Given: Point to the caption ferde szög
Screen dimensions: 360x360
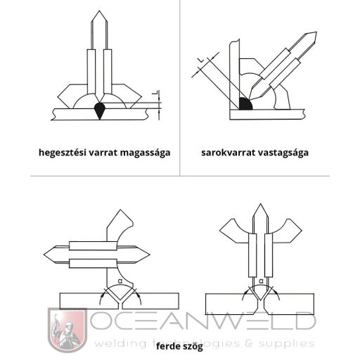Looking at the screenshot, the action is pyautogui.click(x=179, y=346).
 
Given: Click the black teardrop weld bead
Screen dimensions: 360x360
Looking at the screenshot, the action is pyautogui.click(x=100, y=110).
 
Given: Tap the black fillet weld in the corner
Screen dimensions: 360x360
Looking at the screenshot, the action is pyautogui.click(x=245, y=104).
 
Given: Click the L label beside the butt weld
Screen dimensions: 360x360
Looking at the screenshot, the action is pyautogui.click(x=155, y=93).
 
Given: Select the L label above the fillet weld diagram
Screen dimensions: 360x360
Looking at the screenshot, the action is pyautogui.click(x=202, y=60).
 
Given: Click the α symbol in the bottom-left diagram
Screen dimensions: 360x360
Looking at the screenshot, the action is pyautogui.click(x=120, y=281).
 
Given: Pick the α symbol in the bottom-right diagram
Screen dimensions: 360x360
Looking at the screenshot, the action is pyautogui.click(x=262, y=281).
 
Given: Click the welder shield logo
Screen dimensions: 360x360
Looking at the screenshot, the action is pyautogui.click(x=67, y=330).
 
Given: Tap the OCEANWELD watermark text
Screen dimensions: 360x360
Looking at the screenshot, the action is pyautogui.click(x=202, y=321).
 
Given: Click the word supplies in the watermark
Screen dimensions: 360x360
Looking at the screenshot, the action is pyautogui.click(x=287, y=344).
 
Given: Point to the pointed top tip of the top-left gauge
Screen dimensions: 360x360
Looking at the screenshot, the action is pyautogui.click(x=99, y=11).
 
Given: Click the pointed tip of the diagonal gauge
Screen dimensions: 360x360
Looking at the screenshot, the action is pyautogui.click(x=316, y=32).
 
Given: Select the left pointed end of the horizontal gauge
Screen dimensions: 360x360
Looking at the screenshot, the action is pyautogui.click(x=44, y=254).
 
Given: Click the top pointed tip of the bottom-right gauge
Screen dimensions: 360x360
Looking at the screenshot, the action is pyautogui.click(x=260, y=204).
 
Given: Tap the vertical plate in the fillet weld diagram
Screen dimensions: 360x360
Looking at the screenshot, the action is pyautogui.click(x=235, y=75).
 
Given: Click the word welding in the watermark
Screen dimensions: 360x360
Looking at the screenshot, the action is pyautogui.click(x=120, y=344).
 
